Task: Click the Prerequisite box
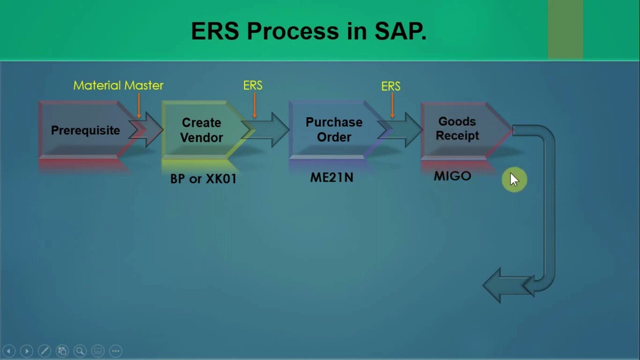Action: coord(85,130)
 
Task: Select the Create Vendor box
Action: coord(201,130)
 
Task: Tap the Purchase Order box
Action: coord(333,129)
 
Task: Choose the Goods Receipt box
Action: coord(457,129)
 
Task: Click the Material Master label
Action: coord(118,85)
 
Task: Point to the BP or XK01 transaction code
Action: coord(203,178)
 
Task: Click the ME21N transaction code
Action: coord(331,177)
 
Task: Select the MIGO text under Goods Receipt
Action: coord(452,176)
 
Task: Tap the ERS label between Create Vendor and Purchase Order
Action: coord(252,85)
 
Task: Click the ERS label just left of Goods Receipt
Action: coord(390,86)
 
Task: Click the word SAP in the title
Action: coord(400,31)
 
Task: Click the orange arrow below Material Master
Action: coord(139,106)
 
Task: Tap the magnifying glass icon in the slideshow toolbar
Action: coord(79,351)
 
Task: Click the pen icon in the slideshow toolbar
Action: coord(44,351)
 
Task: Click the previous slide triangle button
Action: coord(8,351)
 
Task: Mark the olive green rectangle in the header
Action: coord(565,29)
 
